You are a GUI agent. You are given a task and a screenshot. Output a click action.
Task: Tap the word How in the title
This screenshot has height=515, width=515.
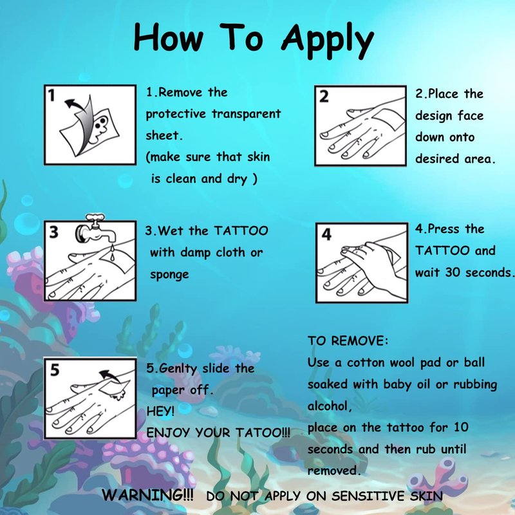point(169,37)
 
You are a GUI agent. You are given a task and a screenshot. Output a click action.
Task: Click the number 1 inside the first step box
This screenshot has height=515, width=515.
point(51,95)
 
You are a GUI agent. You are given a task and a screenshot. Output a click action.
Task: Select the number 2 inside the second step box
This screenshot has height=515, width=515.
point(324,97)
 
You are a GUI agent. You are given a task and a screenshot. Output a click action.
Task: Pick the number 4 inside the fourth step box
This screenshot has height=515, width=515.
point(326,234)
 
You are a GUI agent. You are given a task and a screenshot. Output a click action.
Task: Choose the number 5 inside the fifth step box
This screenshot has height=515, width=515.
point(55,370)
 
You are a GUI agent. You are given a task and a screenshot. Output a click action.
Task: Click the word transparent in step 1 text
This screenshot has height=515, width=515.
point(246,115)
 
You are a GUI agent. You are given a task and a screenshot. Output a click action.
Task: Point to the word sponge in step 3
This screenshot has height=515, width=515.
point(169,275)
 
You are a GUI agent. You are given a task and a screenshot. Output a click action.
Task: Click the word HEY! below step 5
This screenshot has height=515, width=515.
point(160,411)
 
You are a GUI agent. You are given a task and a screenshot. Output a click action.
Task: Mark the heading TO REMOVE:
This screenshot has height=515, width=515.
point(348,341)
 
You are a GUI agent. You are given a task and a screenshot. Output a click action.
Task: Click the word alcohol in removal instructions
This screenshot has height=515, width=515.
point(330,406)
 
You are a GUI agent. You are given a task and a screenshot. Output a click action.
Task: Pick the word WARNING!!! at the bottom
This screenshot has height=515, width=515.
point(148,494)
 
